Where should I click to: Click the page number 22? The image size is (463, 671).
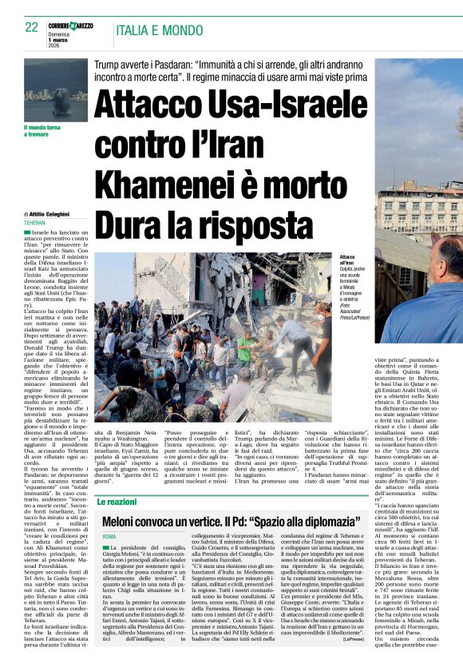point(31,27)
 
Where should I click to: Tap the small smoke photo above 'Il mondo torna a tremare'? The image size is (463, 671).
point(56,90)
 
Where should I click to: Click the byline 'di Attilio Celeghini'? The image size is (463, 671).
point(49,215)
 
